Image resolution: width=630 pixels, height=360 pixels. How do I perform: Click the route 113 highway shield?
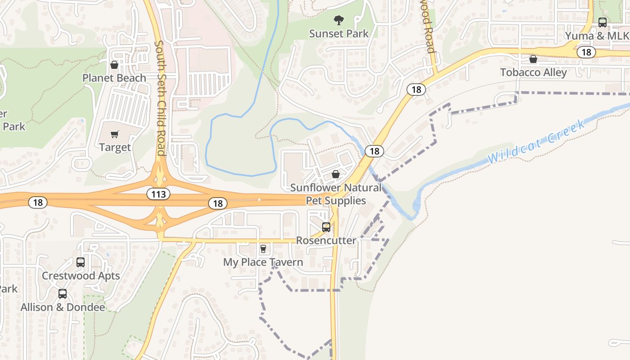click(158, 194)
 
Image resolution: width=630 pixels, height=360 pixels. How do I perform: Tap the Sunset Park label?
click(339, 34)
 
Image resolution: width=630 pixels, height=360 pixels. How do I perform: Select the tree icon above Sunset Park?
click(338, 20)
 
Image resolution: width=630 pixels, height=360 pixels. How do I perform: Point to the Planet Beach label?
click(114, 78)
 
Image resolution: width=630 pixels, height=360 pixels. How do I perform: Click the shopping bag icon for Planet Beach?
click(114, 65)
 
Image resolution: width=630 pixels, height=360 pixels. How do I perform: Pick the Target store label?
click(115, 147)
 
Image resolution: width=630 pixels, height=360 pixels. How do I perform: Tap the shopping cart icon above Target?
click(115, 134)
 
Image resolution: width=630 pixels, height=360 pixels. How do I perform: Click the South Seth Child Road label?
click(160, 98)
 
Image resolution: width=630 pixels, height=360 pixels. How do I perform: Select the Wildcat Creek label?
click(536, 142)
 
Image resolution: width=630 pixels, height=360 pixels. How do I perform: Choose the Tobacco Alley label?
click(533, 72)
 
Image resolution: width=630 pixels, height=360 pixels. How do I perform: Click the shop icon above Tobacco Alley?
click(533, 59)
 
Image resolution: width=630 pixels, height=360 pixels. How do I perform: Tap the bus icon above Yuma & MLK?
click(603, 22)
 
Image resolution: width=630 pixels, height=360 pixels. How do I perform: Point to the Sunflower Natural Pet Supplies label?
click(336, 194)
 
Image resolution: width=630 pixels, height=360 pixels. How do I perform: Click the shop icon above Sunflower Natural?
click(336, 174)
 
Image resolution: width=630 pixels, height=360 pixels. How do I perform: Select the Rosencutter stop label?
click(326, 240)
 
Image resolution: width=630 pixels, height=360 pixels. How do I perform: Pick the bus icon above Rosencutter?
click(326, 227)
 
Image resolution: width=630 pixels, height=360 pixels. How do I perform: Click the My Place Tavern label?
click(263, 262)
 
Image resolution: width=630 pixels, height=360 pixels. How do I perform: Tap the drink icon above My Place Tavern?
click(263, 249)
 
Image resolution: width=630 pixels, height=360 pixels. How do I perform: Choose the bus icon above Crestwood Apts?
click(81, 262)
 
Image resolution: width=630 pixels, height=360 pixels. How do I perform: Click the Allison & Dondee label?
click(63, 307)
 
